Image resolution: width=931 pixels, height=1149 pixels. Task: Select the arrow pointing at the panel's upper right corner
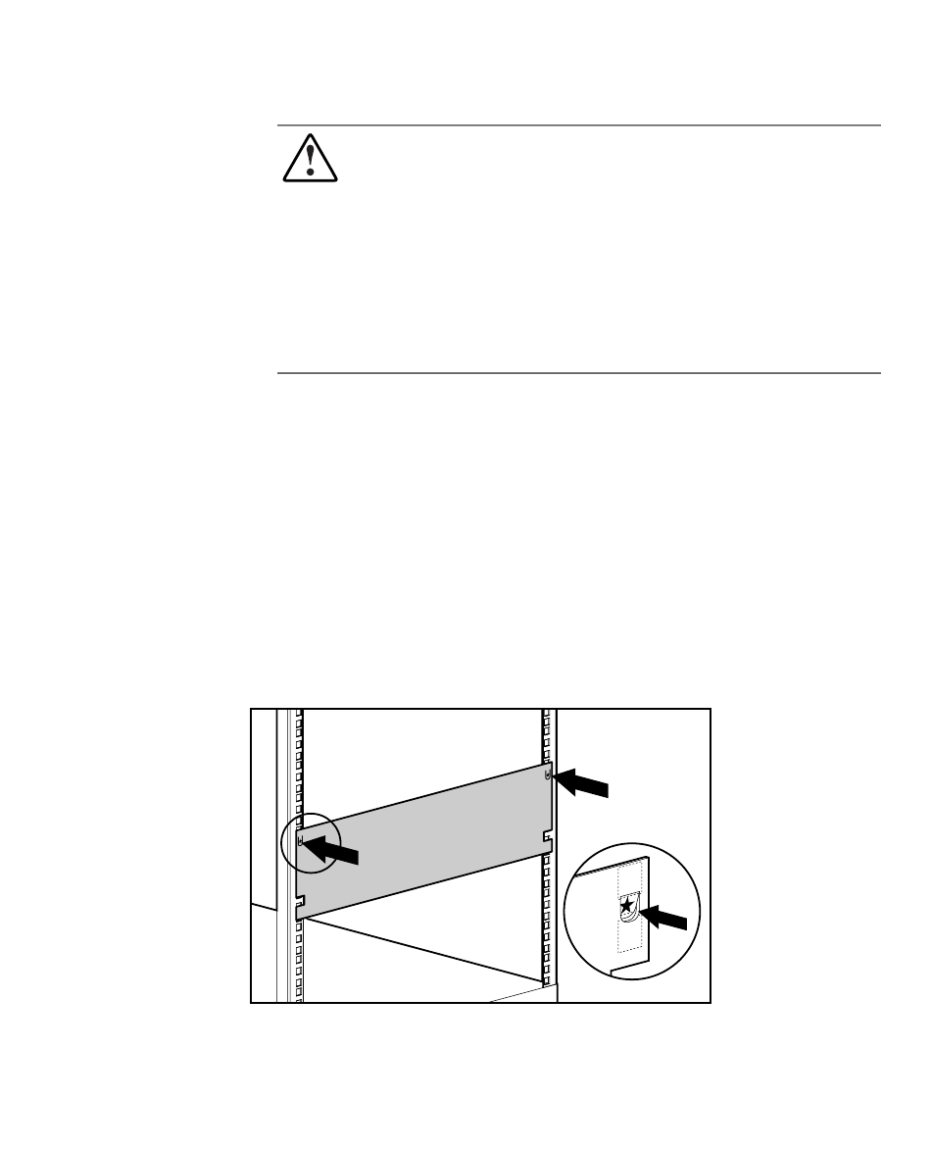coord(582,784)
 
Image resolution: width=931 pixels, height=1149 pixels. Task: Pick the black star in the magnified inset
coord(627,907)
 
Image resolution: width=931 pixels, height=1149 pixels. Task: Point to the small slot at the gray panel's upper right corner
coord(547,774)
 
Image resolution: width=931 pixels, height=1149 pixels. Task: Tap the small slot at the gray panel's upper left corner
coord(300,839)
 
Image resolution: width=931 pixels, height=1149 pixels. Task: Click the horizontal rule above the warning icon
coord(578,125)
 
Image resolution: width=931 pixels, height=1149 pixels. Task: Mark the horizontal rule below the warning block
coord(578,374)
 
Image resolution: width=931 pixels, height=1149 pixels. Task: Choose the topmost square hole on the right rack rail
coord(545,713)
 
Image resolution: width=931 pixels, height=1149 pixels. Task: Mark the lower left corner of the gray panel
coord(298,918)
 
